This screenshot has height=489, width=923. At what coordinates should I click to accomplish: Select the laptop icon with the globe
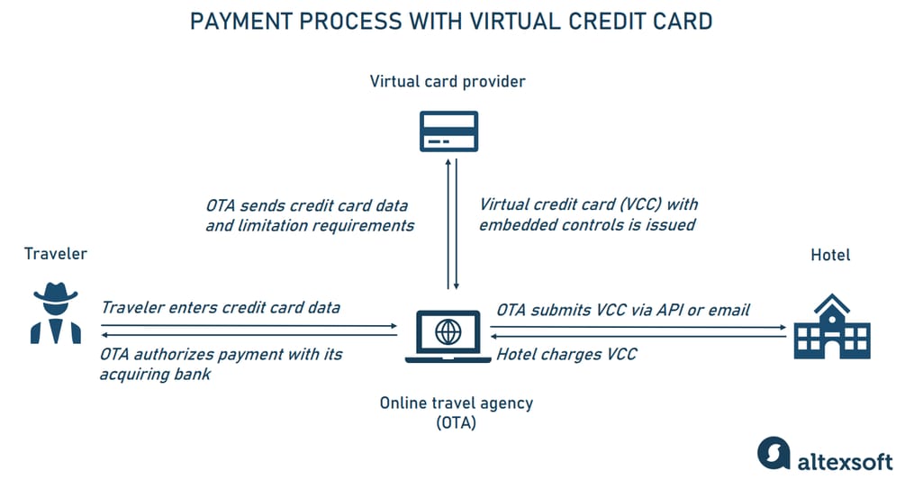click(448, 334)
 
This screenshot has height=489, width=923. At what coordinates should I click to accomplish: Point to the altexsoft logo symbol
click(774, 453)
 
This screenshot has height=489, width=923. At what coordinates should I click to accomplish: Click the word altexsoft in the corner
click(845, 460)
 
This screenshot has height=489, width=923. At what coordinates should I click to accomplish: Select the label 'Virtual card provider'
click(448, 82)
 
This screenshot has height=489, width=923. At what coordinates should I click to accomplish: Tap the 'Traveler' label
click(56, 254)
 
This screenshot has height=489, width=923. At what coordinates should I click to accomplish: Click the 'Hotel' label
click(830, 256)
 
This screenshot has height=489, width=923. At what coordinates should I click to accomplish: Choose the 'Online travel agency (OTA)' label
click(456, 412)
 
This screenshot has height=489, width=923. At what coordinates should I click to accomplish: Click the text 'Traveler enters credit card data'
click(221, 308)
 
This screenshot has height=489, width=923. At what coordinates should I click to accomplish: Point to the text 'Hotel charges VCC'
click(566, 354)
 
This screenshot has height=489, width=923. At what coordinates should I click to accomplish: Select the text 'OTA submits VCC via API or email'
click(623, 310)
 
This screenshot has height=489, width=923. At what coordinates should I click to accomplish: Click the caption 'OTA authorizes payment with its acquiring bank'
click(221, 363)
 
